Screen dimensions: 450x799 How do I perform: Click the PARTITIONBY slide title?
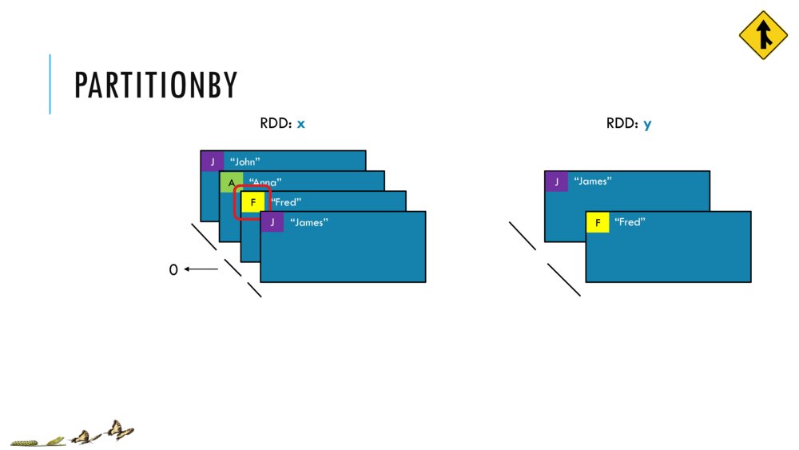pos(156,86)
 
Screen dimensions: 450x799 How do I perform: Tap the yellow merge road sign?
pos(763,35)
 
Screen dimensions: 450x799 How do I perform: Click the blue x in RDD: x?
pos(301,124)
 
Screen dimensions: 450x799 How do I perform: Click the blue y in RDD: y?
pos(647,125)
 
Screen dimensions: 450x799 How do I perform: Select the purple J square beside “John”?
pos(212,161)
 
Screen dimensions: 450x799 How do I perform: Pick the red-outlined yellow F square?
pos(253,202)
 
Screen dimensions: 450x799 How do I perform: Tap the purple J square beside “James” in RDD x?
pos(272,222)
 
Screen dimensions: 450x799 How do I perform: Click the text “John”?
pos(244,162)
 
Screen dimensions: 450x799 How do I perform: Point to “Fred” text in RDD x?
pos(285,202)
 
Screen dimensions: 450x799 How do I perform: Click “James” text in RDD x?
pos(308,222)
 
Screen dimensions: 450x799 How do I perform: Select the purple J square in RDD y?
pos(557,181)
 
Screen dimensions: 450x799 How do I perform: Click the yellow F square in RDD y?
pos(598,222)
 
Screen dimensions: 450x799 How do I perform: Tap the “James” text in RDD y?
pos(593,181)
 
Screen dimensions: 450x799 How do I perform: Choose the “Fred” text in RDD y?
pos(630,222)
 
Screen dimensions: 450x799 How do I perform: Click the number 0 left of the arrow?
pos(173,270)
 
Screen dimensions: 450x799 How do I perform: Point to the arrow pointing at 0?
pos(201,269)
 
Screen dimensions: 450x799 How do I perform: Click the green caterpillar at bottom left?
pos(23,441)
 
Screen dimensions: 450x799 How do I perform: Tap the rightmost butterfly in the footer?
pos(118,431)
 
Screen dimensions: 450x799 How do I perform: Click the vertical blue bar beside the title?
pos(50,84)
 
